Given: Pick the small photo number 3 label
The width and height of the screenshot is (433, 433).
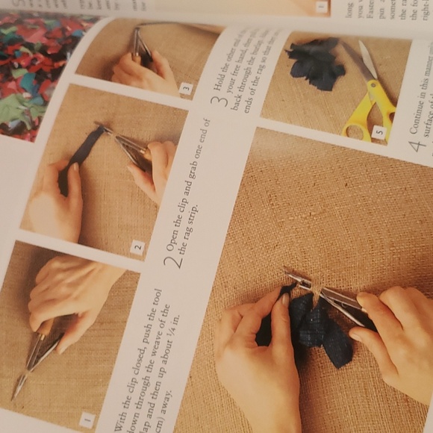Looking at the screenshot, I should (x=186, y=89).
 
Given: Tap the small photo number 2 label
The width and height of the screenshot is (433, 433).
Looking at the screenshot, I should (x=137, y=247).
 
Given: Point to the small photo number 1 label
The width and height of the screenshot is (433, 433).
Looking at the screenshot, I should (x=87, y=419).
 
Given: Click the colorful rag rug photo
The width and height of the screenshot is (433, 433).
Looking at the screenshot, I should (x=34, y=75).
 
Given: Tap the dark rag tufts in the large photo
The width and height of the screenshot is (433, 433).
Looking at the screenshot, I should (x=314, y=328).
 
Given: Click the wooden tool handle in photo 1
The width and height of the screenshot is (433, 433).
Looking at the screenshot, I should (x=46, y=328).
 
